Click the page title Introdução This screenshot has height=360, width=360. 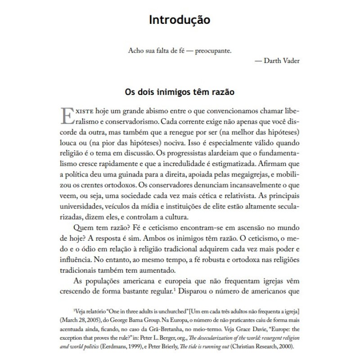pyautogui.click(x=180, y=21)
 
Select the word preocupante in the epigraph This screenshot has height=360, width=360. pyautogui.click(x=211, y=50)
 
